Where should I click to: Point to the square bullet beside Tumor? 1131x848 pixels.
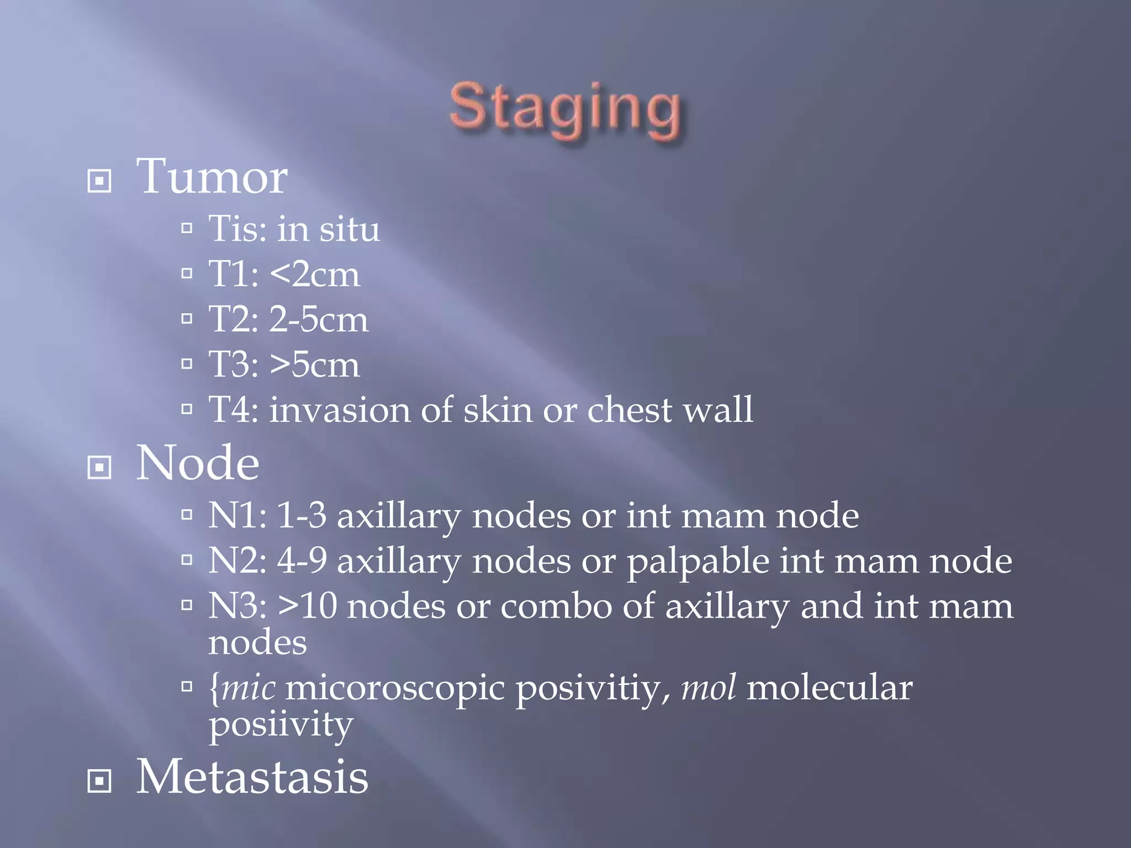point(99,181)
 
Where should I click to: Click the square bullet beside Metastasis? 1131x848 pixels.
point(99,781)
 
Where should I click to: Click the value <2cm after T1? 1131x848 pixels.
point(315,274)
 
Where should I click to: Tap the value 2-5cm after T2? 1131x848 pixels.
point(319,319)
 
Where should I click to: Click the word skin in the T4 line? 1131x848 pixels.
point(498,410)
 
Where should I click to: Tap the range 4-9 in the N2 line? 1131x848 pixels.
point(302,561)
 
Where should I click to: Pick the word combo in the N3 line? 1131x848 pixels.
point(556,606)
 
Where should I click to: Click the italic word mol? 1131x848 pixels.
point(709,688)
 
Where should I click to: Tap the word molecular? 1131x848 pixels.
point(829,688)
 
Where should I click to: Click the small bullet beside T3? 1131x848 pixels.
point(187,364)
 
